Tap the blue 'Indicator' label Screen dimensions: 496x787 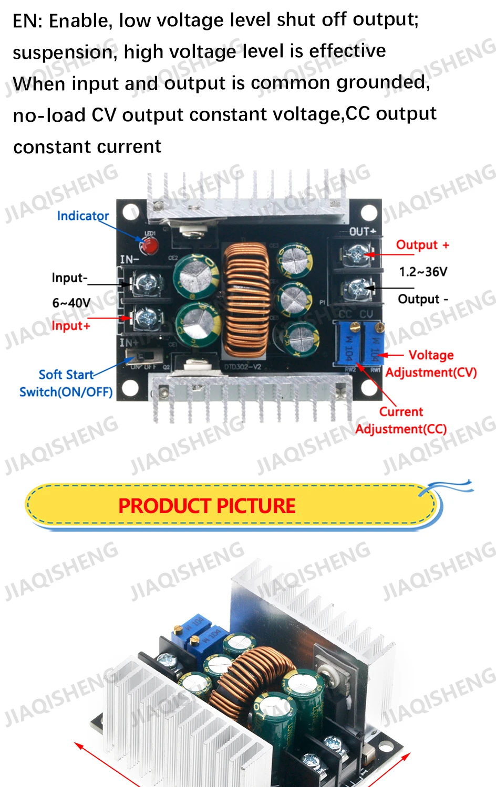pos(82,216)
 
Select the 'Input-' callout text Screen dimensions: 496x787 pos(69,278)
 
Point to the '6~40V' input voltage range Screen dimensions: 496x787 pos(71,303)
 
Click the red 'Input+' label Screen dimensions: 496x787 pos(71,326)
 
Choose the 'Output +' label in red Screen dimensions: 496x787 pos(422,245)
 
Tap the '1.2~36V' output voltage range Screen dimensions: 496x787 pos(423,272)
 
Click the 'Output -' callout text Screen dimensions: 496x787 pos(423,299)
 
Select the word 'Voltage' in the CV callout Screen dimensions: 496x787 pos(431,355)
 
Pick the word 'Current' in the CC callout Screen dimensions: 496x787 pos(401,412)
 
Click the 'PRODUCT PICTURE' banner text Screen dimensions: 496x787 pos(206,506)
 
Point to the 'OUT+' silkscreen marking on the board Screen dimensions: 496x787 pos(363,231)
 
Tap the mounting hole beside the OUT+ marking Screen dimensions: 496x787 pos(369,212)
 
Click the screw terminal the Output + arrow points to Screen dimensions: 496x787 pos(357,256)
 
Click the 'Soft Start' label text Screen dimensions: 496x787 pos(66,375)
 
